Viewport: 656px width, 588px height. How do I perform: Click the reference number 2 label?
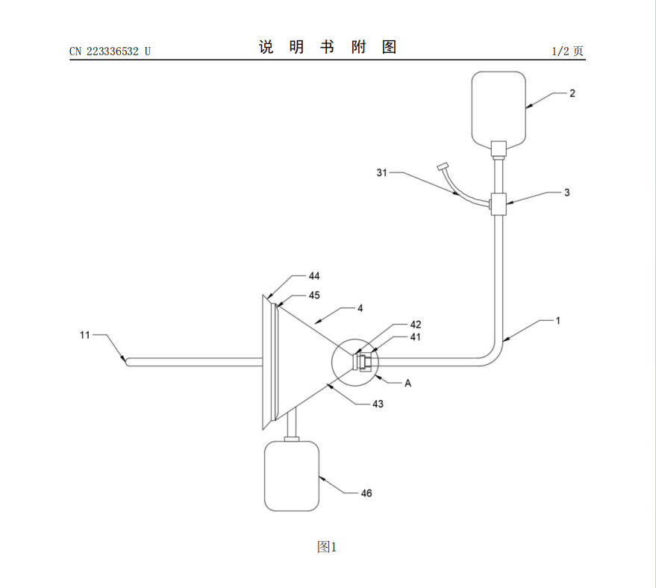pos(572,93)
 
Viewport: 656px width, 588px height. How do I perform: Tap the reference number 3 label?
pos(566,192)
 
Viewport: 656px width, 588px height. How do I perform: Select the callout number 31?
pos(382,173)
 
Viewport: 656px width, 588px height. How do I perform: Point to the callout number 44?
pos(314,276)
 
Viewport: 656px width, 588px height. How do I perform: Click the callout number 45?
pos(314,295)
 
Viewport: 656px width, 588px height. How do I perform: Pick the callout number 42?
pos(416,325)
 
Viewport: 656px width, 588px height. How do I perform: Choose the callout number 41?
pos(416,337)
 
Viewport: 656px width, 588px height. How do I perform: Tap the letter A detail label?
pos(408,383)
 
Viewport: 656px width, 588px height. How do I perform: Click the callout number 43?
pos(378,404)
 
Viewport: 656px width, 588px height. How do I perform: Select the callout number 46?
pos(366,493)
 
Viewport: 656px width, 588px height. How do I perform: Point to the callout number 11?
pos(85,335)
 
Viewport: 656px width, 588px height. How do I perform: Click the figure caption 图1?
pos(327,547)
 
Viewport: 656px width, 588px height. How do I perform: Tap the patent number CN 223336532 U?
pos(110,51)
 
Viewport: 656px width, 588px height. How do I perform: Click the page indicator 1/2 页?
pos(567,51)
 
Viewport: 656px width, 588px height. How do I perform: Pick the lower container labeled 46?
pos(291,476)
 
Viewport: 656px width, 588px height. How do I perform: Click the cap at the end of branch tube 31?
pos(443,165)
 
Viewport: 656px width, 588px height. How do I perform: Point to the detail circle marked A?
pos(355,362)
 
